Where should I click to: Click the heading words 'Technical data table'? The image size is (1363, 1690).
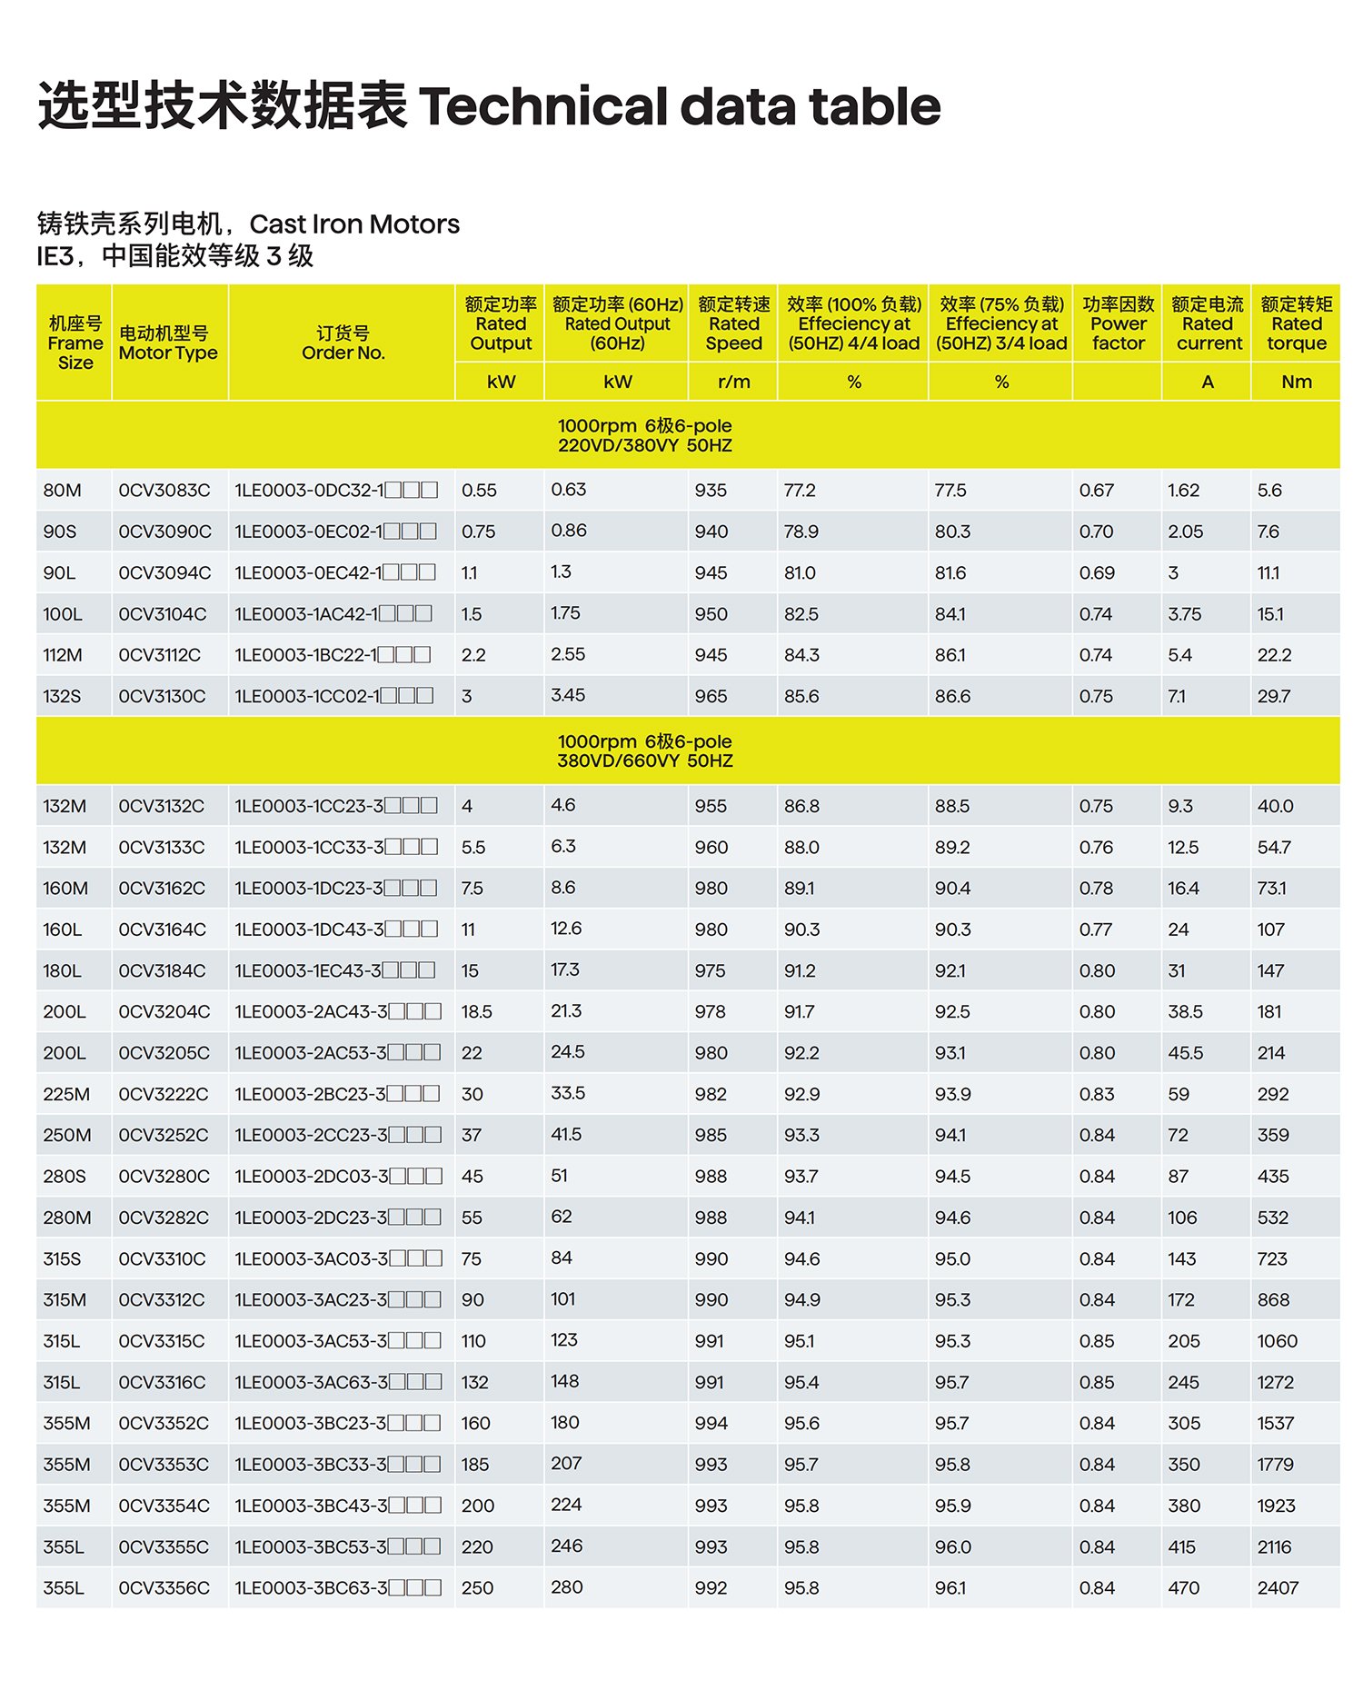click(680, 106)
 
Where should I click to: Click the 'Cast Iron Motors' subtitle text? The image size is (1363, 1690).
click(354, 224)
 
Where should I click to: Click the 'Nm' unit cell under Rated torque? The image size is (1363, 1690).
click(1296, 383)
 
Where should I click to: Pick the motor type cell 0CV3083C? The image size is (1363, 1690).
click(164, 491)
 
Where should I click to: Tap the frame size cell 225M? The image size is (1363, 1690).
click(66, 1094)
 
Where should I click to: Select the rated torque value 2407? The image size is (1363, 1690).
click(1278, 1588)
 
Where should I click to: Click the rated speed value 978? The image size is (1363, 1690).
click(710, 1012)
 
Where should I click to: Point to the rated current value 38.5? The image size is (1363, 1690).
click(1185, 1012)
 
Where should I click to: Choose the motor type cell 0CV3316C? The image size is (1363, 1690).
click(164, 1383)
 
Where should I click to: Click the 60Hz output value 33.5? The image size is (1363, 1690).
click(568, 1093)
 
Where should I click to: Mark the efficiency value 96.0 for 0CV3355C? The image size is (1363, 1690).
click(952, 1547)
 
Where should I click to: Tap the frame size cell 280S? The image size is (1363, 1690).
click(65, 1177)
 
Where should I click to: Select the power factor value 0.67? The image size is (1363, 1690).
click(1097, 491)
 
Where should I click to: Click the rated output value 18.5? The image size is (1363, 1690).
click(476, 1012)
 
